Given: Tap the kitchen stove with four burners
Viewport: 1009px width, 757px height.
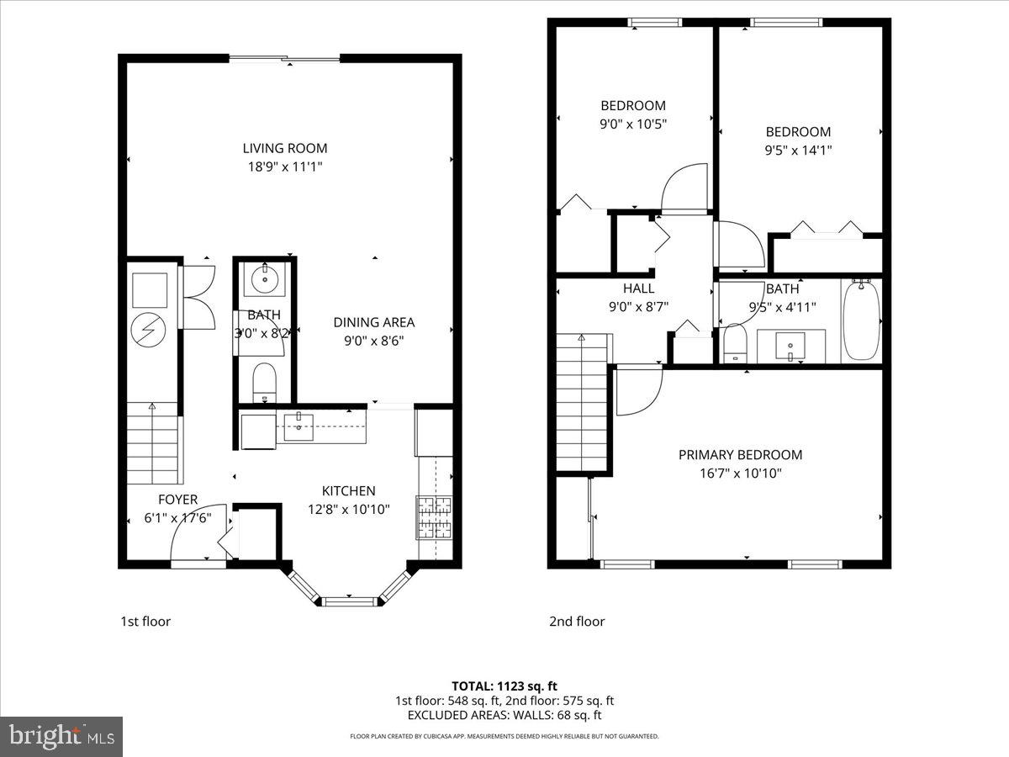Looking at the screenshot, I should (434, 516).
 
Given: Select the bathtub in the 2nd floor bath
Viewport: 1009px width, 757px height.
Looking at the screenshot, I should (861, 320).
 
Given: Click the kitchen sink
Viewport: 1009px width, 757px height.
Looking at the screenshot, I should (298, 426).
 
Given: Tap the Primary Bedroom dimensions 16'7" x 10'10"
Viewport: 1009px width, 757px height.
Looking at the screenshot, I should (740, 474).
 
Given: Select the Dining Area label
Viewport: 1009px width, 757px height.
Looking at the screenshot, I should (373, 322).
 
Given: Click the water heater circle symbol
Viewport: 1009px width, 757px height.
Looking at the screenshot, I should (152, 330).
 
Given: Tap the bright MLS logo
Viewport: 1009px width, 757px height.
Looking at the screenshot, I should (61, 736).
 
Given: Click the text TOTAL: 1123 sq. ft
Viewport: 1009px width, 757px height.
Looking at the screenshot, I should (504, 686).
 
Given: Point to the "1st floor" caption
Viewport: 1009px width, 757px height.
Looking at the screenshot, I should (145, 622).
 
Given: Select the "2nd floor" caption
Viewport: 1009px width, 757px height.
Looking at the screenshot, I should (577, 622).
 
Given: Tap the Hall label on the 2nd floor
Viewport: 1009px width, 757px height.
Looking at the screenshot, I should (638, 289).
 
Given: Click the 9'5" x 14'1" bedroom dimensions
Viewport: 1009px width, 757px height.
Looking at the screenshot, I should (797, 151).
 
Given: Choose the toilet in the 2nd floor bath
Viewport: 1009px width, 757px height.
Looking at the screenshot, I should (736, 343).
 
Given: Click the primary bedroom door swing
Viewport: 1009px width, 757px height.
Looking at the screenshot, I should (636, 392).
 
